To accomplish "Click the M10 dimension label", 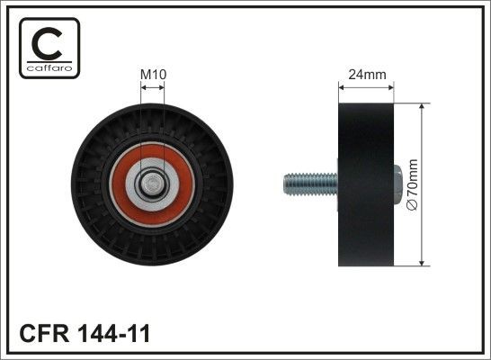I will tap(153, 75).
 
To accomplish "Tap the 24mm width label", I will tap(365, 75).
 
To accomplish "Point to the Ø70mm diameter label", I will tap(414, 184).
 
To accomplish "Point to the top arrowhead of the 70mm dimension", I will tap(422, 106).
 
